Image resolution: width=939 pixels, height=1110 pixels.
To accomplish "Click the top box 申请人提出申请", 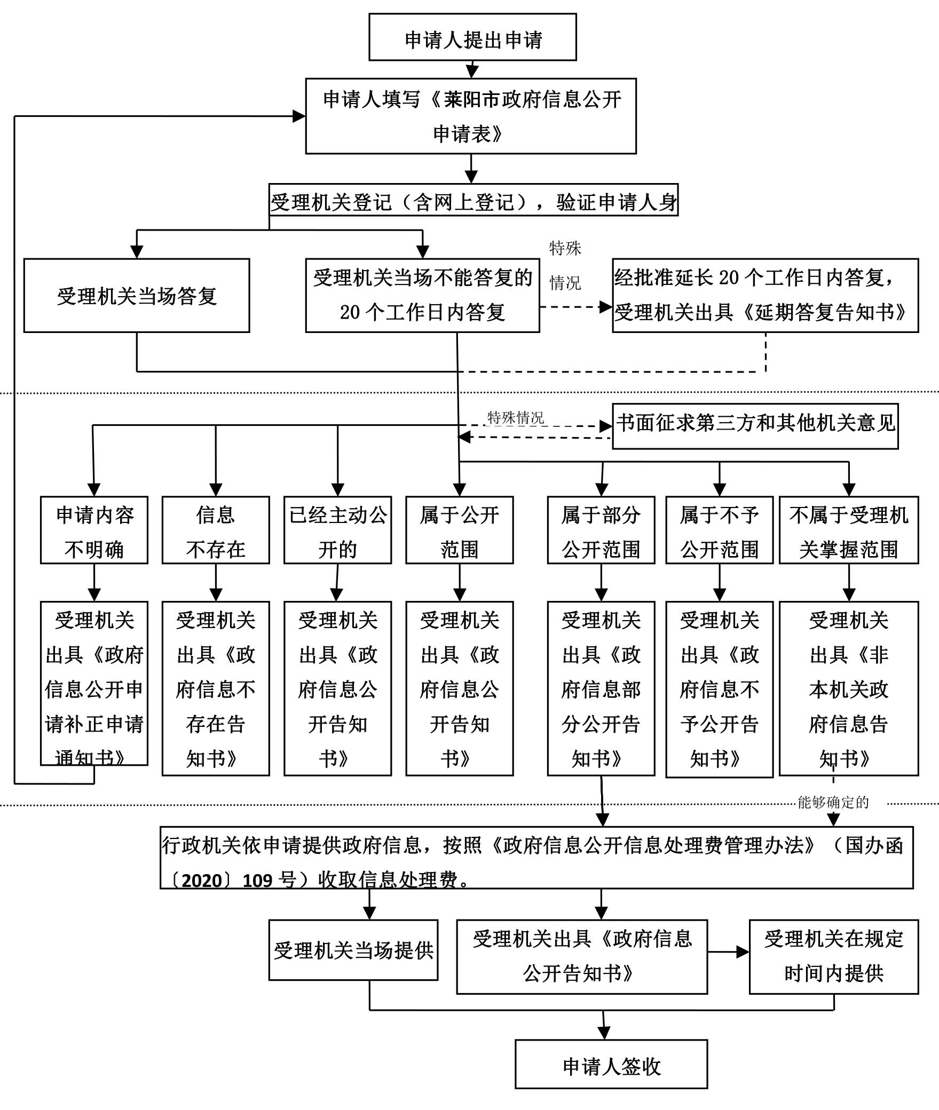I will click(472, 37).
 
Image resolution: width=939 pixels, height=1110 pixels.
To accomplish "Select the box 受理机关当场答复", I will click(137, 296).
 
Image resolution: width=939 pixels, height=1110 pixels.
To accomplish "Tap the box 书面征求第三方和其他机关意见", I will click(755, 426).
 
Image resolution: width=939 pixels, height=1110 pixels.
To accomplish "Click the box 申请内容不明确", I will click(94, 530).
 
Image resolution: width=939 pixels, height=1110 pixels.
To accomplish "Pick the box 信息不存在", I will click(216, 530).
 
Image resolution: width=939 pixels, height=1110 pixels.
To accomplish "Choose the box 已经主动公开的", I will click(337, 530).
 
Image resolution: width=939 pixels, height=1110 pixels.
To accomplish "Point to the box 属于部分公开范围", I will click(601, 530).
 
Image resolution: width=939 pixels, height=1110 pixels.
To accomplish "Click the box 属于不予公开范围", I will click(719, 530).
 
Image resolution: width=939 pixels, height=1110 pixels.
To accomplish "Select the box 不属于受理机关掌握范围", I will click(849, 530).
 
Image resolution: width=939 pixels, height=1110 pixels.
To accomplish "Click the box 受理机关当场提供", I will click(353, 950).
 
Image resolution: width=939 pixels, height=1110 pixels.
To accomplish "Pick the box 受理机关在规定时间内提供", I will click(834, 956).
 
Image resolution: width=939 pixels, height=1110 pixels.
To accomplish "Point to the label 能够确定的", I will click(833, 802).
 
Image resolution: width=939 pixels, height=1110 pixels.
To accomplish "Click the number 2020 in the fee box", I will click(202, 880).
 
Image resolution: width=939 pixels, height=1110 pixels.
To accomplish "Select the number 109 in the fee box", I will click(258, 880).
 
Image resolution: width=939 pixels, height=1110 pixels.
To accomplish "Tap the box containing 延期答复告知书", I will click(765, 296).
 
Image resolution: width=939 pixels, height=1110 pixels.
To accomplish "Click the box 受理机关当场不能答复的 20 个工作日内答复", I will click(422, 296).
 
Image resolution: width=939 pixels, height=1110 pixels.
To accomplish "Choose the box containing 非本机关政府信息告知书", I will click(849, 688).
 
